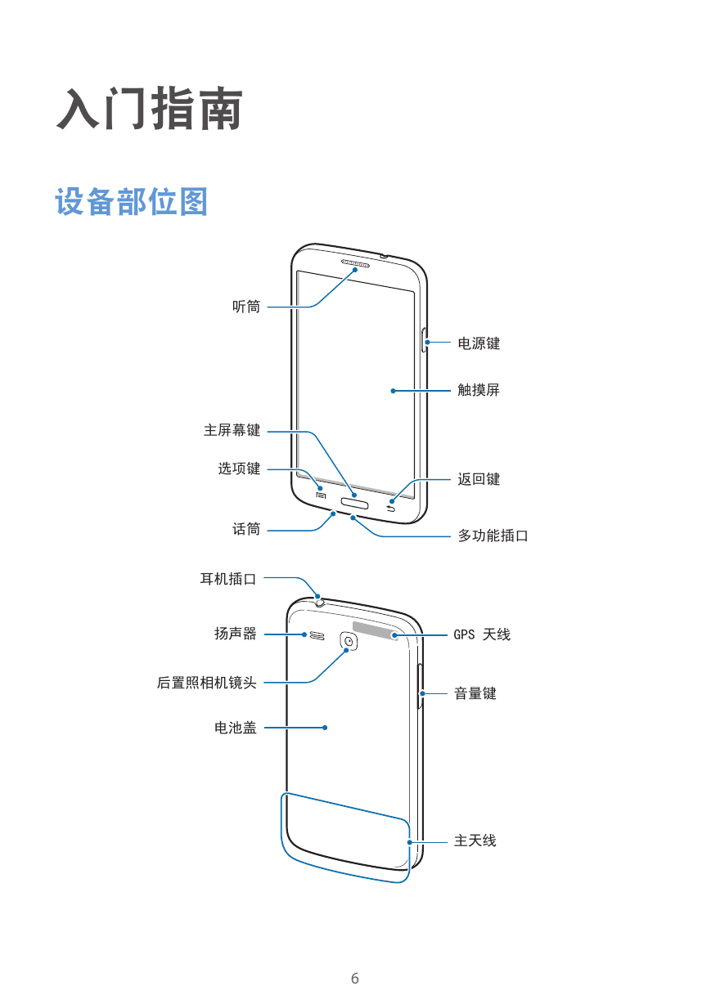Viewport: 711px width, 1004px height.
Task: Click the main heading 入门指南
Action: coord(150,109)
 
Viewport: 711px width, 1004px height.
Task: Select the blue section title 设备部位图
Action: coord(131,202)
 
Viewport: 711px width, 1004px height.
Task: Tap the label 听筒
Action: coord(246,307)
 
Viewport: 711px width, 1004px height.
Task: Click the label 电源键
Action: coord(479,343)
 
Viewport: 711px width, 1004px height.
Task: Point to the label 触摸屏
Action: coord(479,390)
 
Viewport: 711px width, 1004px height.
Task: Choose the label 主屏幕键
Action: coord(232,430)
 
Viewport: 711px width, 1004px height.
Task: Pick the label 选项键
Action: coord(239,468)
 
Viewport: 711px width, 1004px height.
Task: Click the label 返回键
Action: coord(479,479)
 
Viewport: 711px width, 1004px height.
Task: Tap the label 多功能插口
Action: coord(493,536)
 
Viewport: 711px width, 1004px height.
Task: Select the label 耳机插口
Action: coord(228,579)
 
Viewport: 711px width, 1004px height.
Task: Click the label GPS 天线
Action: coord(482,634)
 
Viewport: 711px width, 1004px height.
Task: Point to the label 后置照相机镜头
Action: coord(207,683)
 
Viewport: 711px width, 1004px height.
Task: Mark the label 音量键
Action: coord(475,693)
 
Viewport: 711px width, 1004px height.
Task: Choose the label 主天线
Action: coord(475,840)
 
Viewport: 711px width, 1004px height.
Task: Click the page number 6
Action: coord(355,978)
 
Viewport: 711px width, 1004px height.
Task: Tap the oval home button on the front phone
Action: coord(355,504)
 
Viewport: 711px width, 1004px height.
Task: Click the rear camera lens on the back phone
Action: coord(349,641)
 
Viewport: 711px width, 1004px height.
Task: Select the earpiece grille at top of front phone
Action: coord(356,263)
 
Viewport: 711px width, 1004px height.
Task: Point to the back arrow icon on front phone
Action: coord(391,509)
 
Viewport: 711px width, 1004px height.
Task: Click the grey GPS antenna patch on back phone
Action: coord(376,631)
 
